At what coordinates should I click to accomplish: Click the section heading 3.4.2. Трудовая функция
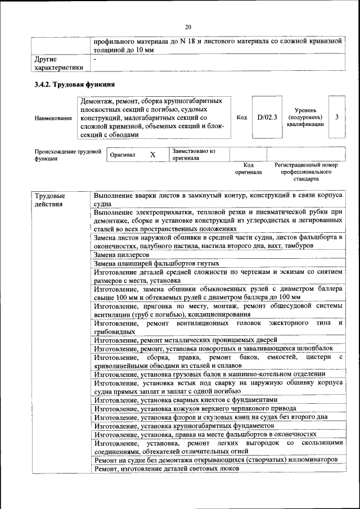click(x=75, y=84)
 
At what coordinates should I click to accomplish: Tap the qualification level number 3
click(x=336, y=118)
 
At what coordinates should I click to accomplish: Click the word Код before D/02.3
click(x=241, y=118)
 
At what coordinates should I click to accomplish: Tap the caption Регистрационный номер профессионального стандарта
click(x=306, y=172)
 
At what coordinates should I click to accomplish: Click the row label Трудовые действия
click(x=50, y=200)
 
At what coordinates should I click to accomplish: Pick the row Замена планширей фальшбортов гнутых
click(x=156, y=263)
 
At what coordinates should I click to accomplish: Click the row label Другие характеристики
click(x=58, y=62)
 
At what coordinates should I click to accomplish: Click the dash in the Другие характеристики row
click(x=95, y=58)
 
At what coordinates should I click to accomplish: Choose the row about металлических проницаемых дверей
click(x=185, y=340)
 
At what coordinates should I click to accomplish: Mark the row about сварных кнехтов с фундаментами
click(x=186, y=400)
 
